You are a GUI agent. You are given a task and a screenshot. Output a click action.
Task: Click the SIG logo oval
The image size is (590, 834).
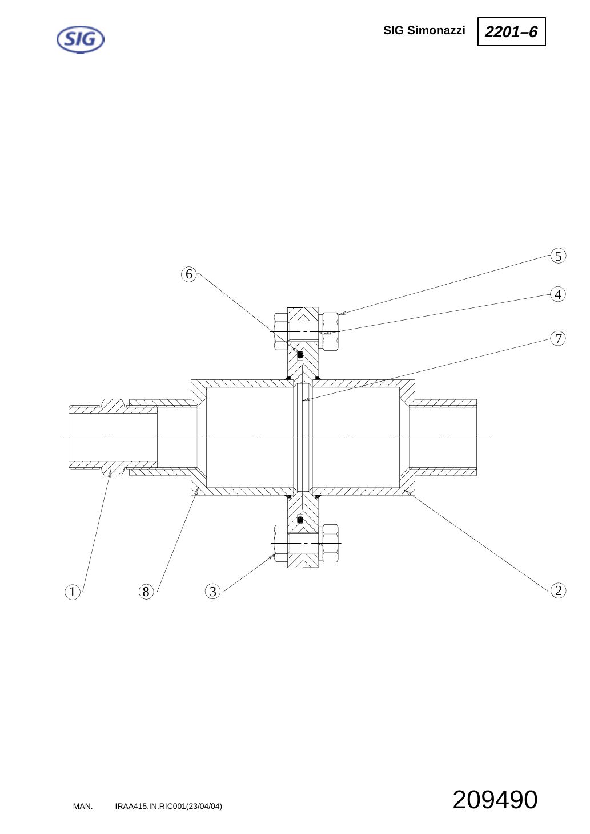pyautogui.click(x=80, y=39)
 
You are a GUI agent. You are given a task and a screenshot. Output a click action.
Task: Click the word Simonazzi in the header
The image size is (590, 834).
pyautogui.click(x=436, y=30)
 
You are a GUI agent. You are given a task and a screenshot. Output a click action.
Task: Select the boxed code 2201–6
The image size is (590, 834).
pyautogui.click(x=511, y=31)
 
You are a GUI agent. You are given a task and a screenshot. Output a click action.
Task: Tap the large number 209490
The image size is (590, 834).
pyautogui.click(x=495, y=800)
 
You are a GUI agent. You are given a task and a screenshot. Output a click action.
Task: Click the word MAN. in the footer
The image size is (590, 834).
pyautogui.click(x=83, y=807)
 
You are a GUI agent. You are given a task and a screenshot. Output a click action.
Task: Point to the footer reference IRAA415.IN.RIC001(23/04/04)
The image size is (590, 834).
pyautogui.click(x=168, y=807)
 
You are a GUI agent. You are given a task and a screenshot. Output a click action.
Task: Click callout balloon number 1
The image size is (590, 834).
pyautogui.click(x=73, y=592)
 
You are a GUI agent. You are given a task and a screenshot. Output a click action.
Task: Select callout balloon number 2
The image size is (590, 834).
pyautogui.click(x=558, y=590)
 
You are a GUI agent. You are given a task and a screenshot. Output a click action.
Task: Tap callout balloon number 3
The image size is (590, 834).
pyautogui.click(x=213, y=592)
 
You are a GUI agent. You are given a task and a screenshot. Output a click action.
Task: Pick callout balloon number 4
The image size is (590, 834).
pyautogui.click(x=558, y=294)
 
